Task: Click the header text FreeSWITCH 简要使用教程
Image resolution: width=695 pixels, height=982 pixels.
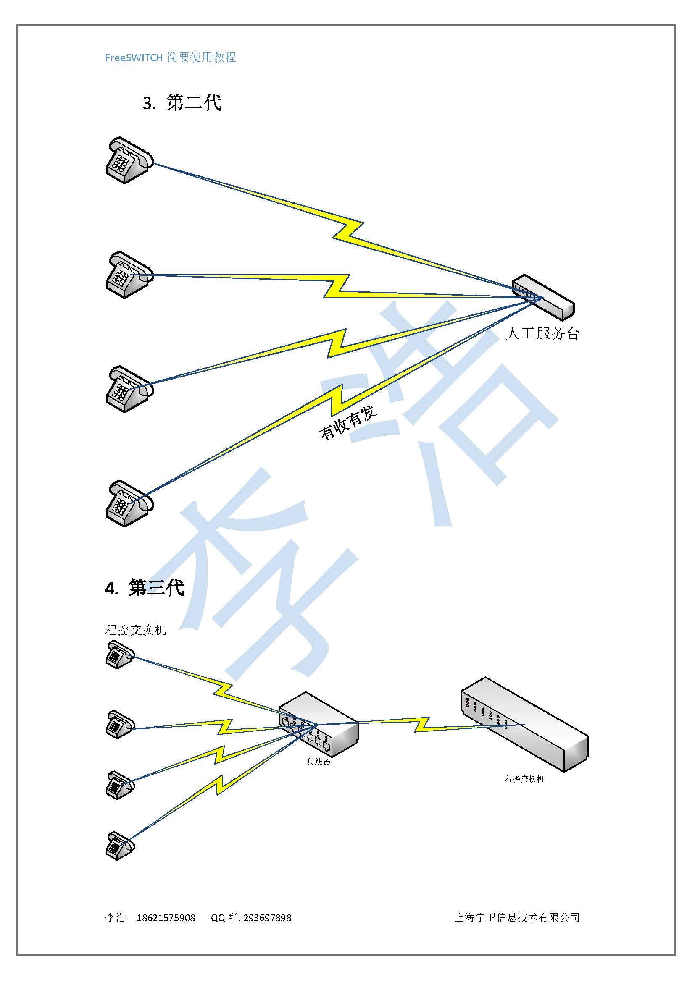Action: (170, 58)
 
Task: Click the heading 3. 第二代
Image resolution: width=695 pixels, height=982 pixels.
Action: (182, 102)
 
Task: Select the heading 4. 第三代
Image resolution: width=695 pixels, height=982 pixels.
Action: (145, 588)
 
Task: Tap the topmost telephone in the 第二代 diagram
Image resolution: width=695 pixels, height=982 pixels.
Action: (130, 160)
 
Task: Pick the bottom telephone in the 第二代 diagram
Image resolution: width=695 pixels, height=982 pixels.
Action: (130, 503)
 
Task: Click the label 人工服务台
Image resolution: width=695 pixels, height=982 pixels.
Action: (542, 333)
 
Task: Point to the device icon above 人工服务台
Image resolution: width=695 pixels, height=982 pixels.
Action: (543, 297)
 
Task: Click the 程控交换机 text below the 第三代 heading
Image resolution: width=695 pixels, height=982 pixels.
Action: (135, 630)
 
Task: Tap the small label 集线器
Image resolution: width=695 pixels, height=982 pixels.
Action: (319, 762)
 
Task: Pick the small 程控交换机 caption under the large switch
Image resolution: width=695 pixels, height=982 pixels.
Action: (525, 779)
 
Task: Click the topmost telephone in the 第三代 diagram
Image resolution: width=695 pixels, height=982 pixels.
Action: (120, 655)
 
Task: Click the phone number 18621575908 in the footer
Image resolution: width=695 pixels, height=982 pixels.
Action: (166, 918)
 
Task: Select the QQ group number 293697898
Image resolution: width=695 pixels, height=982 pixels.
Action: (267, 918)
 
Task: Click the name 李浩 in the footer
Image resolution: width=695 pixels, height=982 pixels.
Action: (116, 918)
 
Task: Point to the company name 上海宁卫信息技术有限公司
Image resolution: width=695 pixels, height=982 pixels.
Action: (517, 917)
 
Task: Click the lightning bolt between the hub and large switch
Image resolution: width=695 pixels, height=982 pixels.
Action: (421, 725)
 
